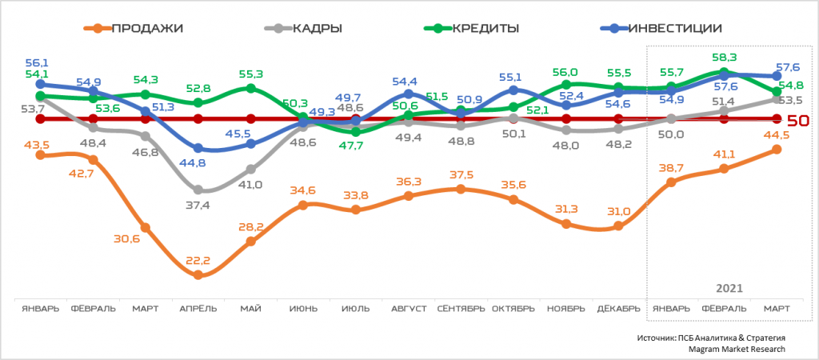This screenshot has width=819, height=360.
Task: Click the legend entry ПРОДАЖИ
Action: pos(147,29)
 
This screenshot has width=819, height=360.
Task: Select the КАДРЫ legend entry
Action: pos(314,29)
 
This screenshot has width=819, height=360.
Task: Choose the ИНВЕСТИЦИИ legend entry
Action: pos(675,29)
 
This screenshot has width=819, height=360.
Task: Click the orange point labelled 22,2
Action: pos(198,275)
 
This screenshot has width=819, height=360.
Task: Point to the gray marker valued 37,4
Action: pos(198,190)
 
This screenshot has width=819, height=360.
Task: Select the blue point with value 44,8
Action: pos(198,148)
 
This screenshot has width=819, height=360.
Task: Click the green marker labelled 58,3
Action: pos(724,72)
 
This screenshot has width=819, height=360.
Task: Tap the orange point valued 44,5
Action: pos(777,150)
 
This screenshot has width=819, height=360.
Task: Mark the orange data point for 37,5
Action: pos(461,189)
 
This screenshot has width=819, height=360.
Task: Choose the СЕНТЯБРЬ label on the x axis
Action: pos(461,308)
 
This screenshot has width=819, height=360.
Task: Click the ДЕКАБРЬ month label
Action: pos(618,308)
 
